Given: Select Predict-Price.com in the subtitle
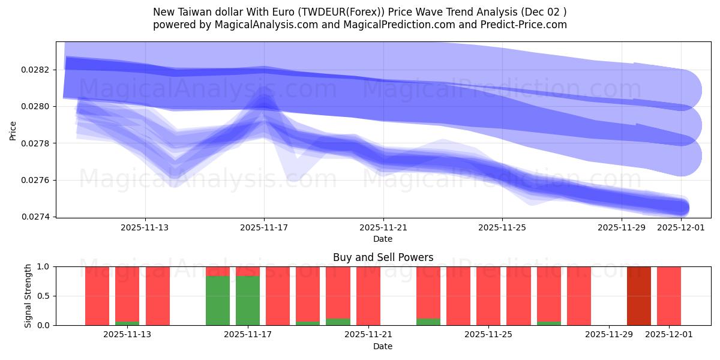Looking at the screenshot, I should [524, 25].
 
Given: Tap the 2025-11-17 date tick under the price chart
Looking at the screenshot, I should [264, 227].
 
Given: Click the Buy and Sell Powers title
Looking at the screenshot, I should [383, 257].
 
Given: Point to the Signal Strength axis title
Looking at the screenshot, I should [28, 296].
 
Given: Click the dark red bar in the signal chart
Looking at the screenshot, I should [638, 296].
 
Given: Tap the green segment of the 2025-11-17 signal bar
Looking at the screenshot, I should [247, 300].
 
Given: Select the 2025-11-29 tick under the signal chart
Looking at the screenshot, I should [609, 335].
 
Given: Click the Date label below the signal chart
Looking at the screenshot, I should [383, 346].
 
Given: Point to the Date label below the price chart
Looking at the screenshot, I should [383, 239].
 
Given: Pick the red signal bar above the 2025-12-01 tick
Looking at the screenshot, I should [668, 296].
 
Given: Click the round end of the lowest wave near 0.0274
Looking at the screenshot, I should [680, 208].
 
